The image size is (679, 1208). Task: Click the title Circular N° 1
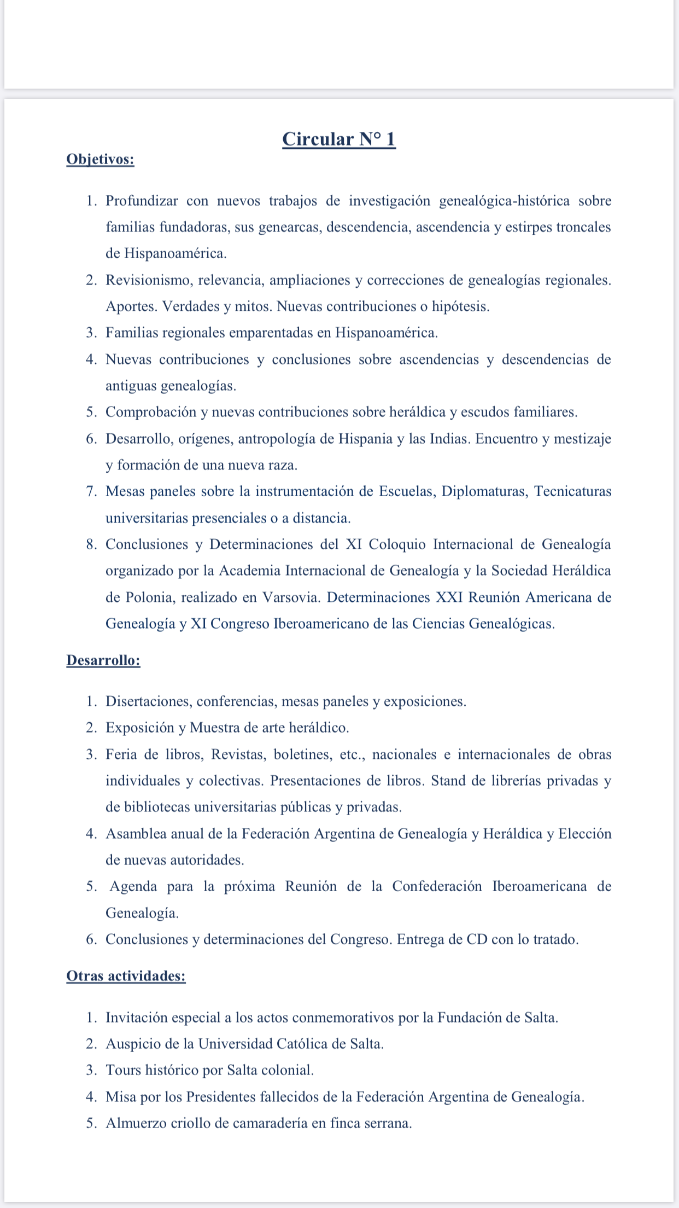(x=339, y=140)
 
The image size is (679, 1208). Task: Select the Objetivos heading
(x=100, y=159)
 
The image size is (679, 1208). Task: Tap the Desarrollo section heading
(x=103, y=660)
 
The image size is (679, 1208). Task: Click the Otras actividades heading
(x=126, y=976)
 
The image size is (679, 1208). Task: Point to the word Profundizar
(x=142, y=201)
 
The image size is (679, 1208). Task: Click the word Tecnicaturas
(x=572, y=491)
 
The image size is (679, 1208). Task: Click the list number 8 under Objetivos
(x=90, y=544)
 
